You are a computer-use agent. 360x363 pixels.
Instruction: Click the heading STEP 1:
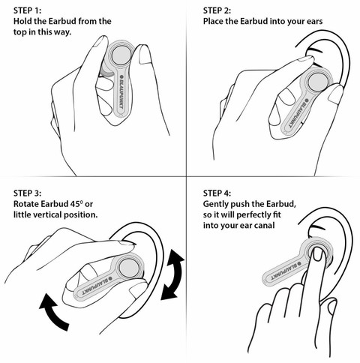(x=28, y=10)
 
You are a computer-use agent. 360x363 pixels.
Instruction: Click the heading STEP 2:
(x=217, y=10)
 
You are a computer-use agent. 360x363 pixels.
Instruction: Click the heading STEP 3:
(x=28, y=193)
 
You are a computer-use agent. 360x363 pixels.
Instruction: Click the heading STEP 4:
(x=217, y=193)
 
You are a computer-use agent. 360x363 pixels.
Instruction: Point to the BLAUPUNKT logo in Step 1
(x=121, y=91)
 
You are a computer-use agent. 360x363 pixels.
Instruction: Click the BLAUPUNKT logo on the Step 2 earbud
(x=298, y=112)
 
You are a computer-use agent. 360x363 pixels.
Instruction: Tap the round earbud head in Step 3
(x=128, y=268)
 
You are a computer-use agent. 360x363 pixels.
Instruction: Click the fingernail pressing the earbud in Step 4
(x=318, y=256)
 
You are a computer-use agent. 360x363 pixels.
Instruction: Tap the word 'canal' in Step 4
(x=265, y=225)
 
